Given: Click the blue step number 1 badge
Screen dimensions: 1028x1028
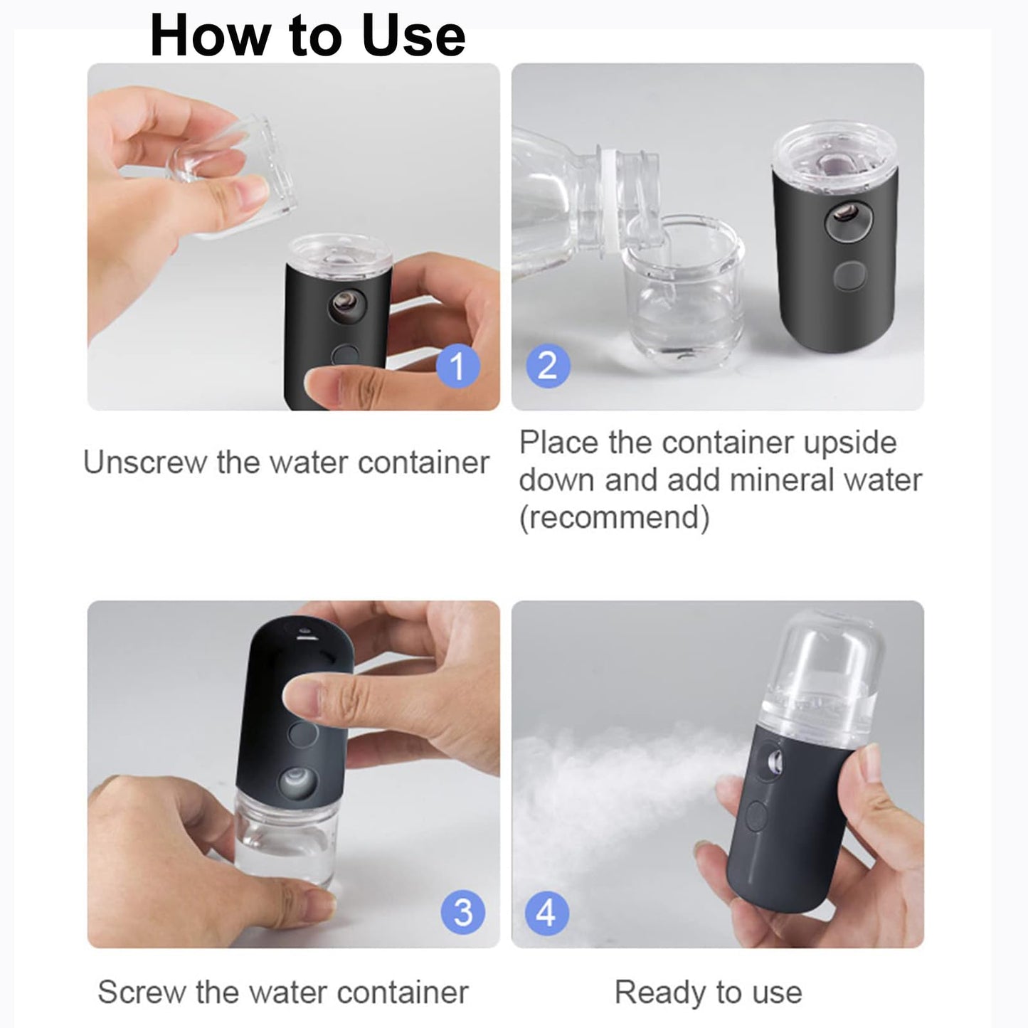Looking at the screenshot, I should [x=457, y=366].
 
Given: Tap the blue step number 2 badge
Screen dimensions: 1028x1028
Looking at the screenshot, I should [x=548, y=366].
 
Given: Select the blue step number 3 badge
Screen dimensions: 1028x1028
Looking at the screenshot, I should [x=462, y=912].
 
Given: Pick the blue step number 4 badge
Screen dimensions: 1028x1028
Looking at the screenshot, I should [x=546, y=912].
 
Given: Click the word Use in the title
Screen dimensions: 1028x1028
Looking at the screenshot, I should [x=413, y=36].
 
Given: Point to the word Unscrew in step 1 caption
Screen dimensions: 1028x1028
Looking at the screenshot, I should [x=144, y=462].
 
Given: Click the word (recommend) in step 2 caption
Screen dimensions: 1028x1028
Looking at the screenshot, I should [x=614, y=517].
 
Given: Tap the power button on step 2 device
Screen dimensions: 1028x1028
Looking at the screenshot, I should [x=849, y=275].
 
